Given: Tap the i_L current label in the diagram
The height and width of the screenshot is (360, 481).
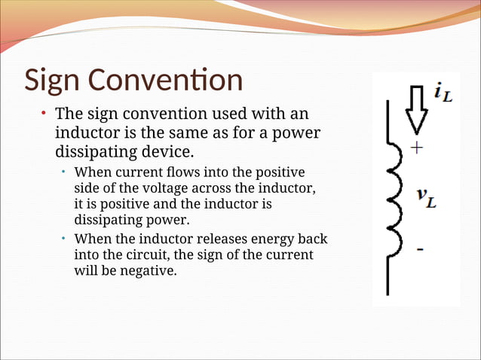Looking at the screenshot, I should tap(443, 93).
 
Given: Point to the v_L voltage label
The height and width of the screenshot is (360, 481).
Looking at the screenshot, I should tap(427, 197).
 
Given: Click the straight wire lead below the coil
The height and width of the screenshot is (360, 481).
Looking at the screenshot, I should tap(388, 275).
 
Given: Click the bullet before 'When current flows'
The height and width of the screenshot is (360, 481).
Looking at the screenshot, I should tap(64, 172).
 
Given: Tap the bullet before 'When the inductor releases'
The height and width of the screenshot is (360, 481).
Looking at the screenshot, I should tap(64, 239).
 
